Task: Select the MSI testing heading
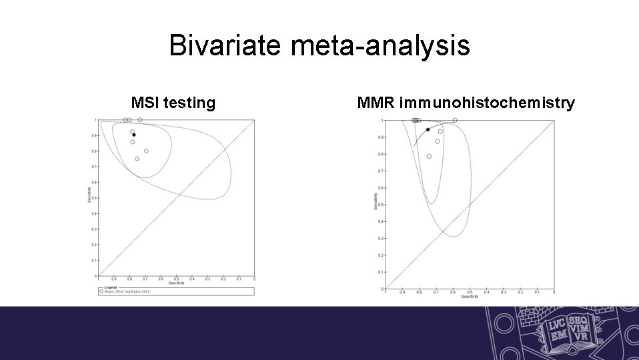[x=173, y=103]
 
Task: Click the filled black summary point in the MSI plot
[x=133, y=135]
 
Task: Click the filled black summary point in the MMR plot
[x=428, y=130]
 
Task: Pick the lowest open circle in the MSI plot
[x=137, y=159]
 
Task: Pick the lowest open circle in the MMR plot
[x=429, y=156]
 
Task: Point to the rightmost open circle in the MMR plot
[x=455, y=121]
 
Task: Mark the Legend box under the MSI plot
[x=176, y=291]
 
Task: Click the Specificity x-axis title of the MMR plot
[x=469, y=297]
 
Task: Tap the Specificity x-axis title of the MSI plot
[x=176, y=283]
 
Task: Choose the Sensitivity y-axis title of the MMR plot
[x=375, y=201]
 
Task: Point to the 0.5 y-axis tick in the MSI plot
[x=95, y=198]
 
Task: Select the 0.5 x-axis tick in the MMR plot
[x=470, y=292]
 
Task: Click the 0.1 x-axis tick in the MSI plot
[x=239, y=279]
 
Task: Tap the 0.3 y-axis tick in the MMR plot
[x=380, y=238]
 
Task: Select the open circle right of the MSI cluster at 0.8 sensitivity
[x=146, y=151]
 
